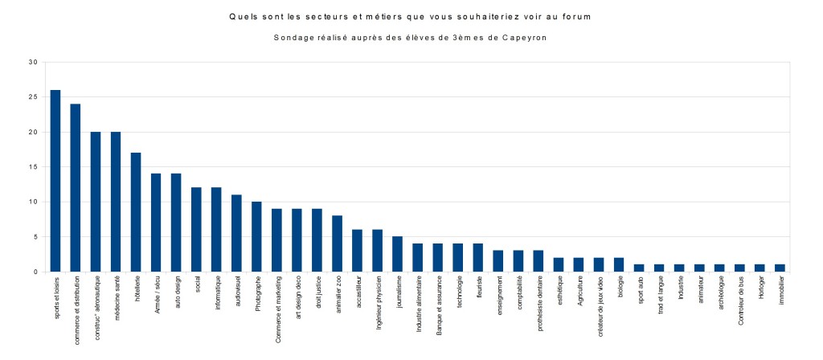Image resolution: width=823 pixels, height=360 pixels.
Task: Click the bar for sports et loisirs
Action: (x=55, y=181)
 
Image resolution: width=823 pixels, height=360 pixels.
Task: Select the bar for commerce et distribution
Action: (x=76, y=188)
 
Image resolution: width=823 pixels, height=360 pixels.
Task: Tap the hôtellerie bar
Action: (x=136, y=212)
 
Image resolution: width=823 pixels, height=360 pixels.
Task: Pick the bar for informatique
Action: (x=216, y=230)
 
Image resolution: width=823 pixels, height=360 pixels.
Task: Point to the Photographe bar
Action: (x=256, y=237)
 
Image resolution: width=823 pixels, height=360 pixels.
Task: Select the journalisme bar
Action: (x=397, y=254)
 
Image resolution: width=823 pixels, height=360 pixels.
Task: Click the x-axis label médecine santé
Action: (x=117, y=298)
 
